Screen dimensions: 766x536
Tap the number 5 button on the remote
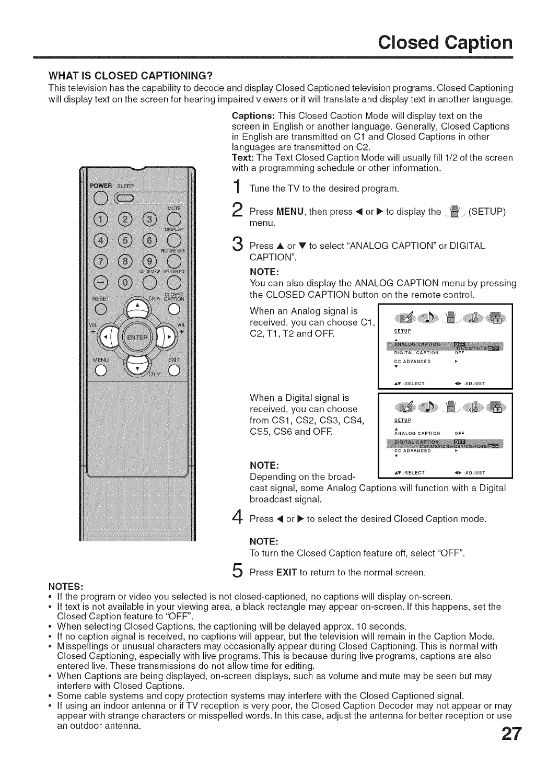pyautogui.click(x=125, y=241)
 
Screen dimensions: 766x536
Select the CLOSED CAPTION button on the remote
pyautogui.click(x=173, y=308)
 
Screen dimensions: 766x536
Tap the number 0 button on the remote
pyautogui.click(x=125, y=283)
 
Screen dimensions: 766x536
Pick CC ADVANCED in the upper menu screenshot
pyautogui.click(x=412, y=361)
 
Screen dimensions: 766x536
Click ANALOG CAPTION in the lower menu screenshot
pyautogui.click(x=417, y=433)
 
